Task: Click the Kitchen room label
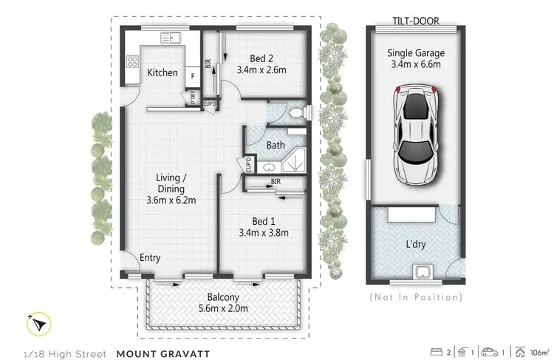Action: [162, 72]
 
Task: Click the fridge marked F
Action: [193, 75]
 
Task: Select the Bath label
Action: [275, 146]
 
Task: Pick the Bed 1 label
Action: [260, 220]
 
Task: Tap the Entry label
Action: [150, 258]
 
